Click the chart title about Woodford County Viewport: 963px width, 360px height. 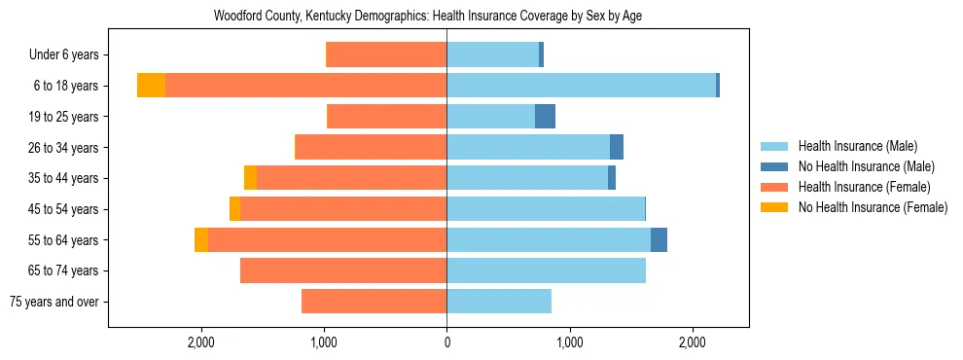click(427, 17)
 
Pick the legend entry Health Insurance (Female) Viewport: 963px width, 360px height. click(864, 187)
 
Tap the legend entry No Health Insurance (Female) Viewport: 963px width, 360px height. click(872, 207)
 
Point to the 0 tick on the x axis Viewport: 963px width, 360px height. click(446, 342)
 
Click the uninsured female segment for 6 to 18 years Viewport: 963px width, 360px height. click(151, 86)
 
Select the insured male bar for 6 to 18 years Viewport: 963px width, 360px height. click(581, 86)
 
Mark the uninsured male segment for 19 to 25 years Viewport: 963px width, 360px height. click(545, 117)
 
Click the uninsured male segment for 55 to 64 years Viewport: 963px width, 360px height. click(659, 240)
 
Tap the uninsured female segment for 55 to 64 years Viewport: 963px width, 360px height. click(201, 240)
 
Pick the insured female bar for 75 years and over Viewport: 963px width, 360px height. click(374, 302)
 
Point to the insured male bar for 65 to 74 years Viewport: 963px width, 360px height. click(546, 270)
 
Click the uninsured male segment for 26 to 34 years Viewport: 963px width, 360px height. click(617, 147)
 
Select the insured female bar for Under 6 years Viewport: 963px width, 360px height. click(386, 55)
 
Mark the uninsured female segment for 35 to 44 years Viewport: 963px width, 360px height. click(250, 178)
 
